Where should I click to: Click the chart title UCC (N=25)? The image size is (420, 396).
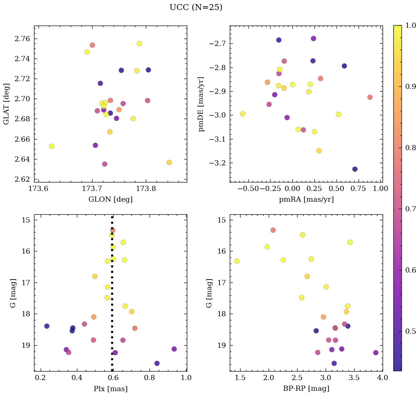click(x=196, y=7)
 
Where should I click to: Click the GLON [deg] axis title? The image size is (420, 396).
click(x=110, y=199)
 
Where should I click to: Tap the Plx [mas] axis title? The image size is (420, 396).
click(x=110, y=389)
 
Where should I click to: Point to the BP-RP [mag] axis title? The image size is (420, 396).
click(x=306, y=389)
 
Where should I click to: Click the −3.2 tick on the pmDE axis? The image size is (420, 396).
click(x=216, y=163)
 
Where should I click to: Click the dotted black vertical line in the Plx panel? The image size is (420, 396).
click(x=112, y=297)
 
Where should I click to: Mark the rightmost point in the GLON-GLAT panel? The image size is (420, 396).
click(x=169, y=162)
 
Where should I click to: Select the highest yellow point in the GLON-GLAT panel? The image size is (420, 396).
click(x=139, y=43)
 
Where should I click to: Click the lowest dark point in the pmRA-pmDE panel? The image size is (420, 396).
click(x=355, y=169)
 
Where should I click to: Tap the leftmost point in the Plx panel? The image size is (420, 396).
click(x=47, y=326)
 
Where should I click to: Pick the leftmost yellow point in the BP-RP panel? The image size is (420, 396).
click(x=237, y=261)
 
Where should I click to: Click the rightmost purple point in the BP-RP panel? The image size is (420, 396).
click(x=376, y=353)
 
